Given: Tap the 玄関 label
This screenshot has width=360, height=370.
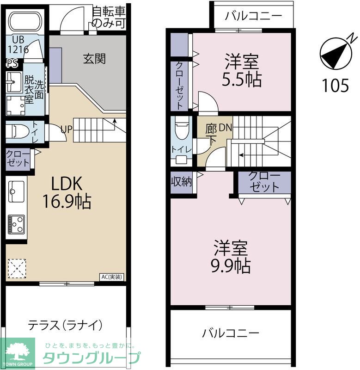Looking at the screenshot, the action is [94, 59].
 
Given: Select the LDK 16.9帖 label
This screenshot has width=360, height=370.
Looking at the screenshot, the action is [67, 192].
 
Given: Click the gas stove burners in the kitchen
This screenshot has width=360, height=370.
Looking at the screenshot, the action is [16, 224].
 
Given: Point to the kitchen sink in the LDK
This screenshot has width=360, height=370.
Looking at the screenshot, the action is [16, 191].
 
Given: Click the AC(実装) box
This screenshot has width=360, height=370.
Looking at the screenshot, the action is [112, 277].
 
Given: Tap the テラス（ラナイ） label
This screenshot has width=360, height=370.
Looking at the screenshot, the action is [65, 325].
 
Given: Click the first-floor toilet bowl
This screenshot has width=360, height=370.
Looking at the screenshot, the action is [18, 132].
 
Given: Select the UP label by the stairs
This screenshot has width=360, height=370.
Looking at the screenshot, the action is [66, 129].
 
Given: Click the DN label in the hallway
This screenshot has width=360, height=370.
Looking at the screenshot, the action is [226, 128].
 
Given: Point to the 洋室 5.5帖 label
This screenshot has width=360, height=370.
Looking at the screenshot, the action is [242, 70].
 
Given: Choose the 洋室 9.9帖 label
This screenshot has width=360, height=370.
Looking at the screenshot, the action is [231, 257].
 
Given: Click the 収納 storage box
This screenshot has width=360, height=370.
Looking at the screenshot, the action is [182, 182].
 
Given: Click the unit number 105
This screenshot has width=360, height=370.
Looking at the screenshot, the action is [336, 85].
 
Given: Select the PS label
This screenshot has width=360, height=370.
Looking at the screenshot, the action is [12, 63].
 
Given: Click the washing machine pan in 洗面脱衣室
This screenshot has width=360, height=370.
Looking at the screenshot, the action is [16, 105].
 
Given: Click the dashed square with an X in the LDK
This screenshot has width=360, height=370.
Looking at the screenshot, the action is [17, 269].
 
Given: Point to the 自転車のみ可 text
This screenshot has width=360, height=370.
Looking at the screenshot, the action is [109, 18].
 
